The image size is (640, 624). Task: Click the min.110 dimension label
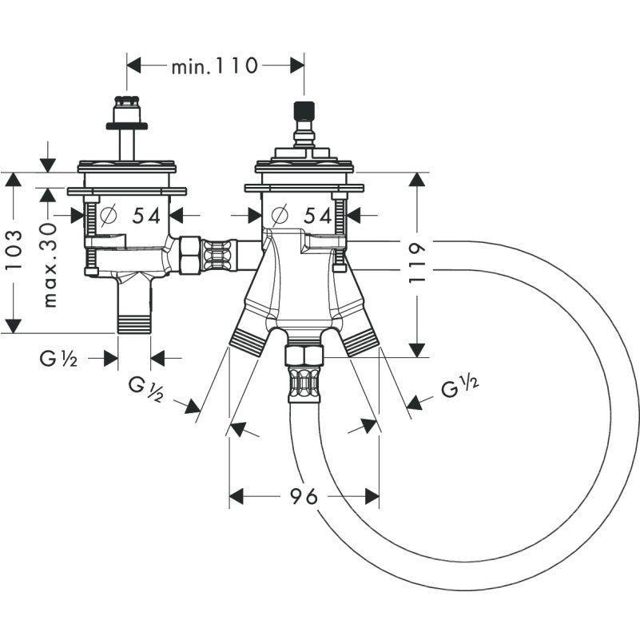point(214,65)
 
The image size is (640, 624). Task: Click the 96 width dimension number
point(304,496)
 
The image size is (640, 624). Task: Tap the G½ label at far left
point(58,359)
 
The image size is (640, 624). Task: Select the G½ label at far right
point(460,388)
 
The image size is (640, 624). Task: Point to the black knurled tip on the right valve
point(302,109)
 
